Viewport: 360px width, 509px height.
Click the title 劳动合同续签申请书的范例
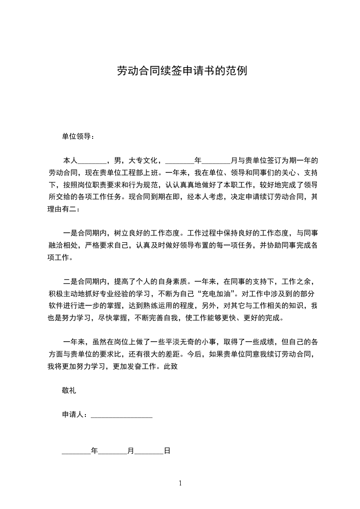click(x=182, y=71)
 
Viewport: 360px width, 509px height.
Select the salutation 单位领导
click(x=77, y=136)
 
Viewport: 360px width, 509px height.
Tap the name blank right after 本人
click(x=93, y=161)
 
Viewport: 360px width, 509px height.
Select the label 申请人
click(x=73, y=415)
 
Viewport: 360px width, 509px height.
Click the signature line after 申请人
click(x=122, y=415)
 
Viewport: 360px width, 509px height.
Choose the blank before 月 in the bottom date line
click(x=113, y=452)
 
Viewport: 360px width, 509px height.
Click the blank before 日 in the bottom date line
click(x=149, y=452)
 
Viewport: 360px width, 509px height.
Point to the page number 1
click(x=180, y=484)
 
